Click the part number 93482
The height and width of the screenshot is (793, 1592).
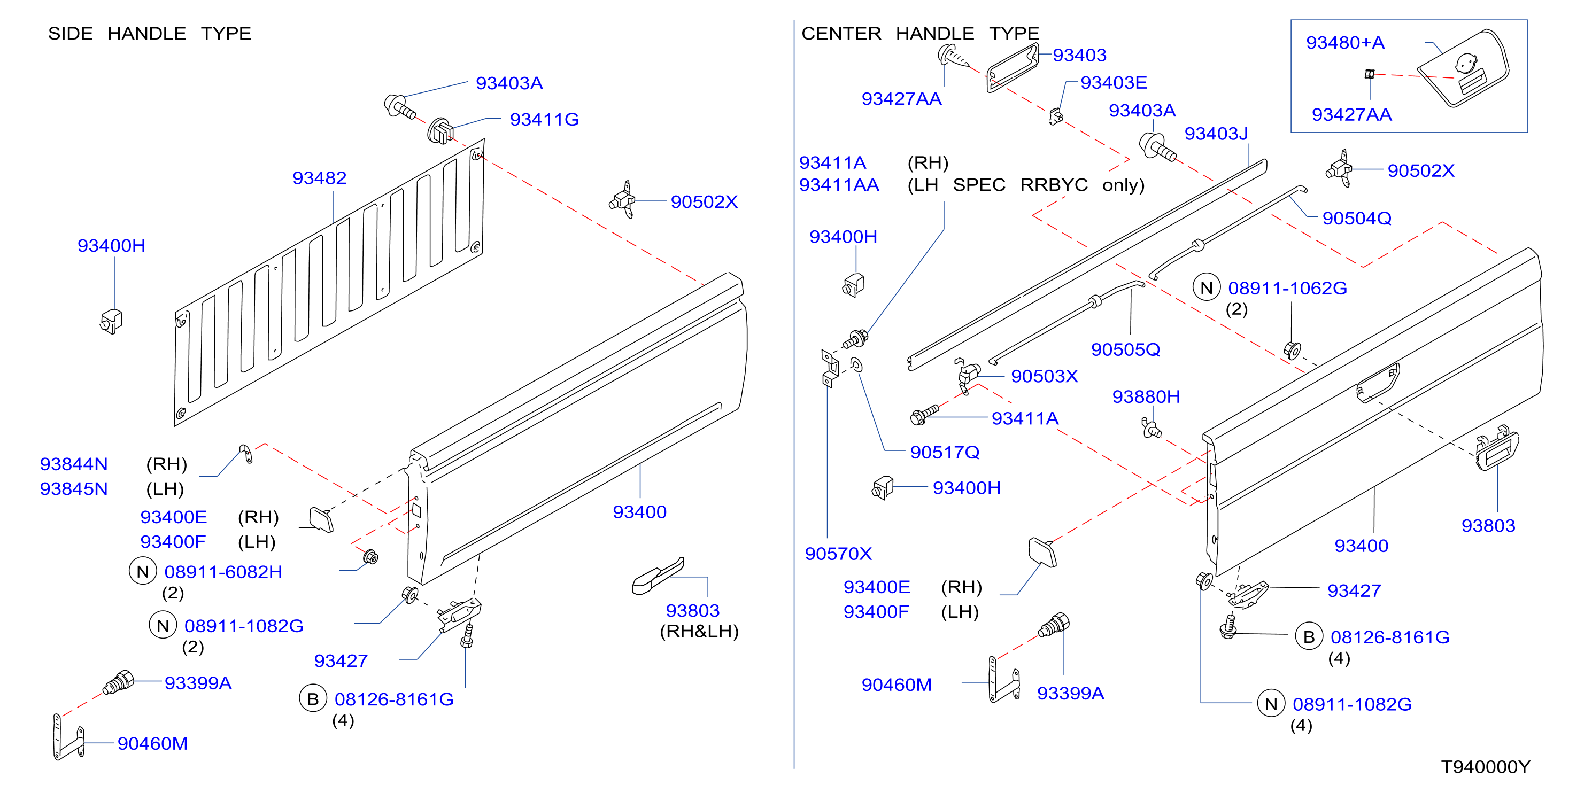tap(319, 178)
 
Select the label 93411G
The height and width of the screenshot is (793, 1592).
tap(544, 119)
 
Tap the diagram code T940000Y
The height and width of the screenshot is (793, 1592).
tap(1485, 766)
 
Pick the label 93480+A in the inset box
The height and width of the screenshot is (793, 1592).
tap(1345, 43)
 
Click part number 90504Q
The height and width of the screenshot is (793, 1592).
tap(1357, 218)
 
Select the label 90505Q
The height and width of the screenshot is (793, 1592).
tap(1125, 349)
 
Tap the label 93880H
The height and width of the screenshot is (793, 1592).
tap(1146, 396)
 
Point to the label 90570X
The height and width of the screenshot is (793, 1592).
tap(838, 554)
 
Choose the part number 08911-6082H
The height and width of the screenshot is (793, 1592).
tap(223, 572)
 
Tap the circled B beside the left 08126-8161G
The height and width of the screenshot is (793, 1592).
tap(313, 698)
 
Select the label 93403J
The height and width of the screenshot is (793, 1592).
tap(1216, 134)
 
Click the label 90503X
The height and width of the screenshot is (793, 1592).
tap(1044, 376)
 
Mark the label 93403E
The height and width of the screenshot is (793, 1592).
tap(1113, 82)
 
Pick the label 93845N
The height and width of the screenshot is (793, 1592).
tap(74, 488)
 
